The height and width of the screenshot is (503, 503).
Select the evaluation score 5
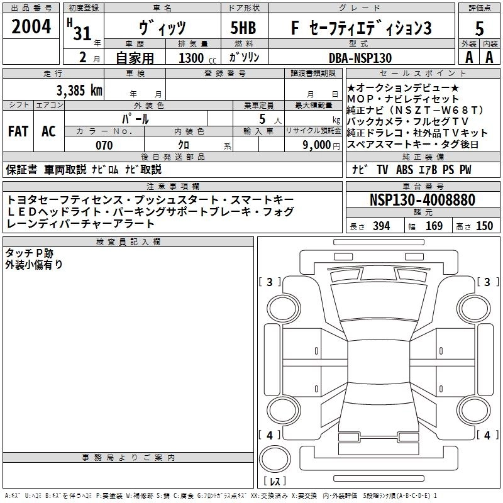(x=480, y=28)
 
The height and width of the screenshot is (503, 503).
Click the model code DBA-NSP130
(x=360, y=58)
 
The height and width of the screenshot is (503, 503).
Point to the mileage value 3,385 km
(x=79, y=89)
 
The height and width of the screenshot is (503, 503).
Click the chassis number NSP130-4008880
(x=422, y=200)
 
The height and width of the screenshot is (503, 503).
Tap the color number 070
(x=103, y=145)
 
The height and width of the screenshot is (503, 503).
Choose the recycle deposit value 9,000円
(x=321, y=145)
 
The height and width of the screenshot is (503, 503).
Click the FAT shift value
(x=18, y=131)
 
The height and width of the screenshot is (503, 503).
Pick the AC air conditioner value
(x=48, y=131)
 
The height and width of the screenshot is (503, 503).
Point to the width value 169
(x=434, y=226)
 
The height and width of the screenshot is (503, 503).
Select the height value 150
(x=484, y=226)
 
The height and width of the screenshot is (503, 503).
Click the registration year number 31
(x=82, y=33)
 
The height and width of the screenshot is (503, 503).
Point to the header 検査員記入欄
(x=128, y=241)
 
